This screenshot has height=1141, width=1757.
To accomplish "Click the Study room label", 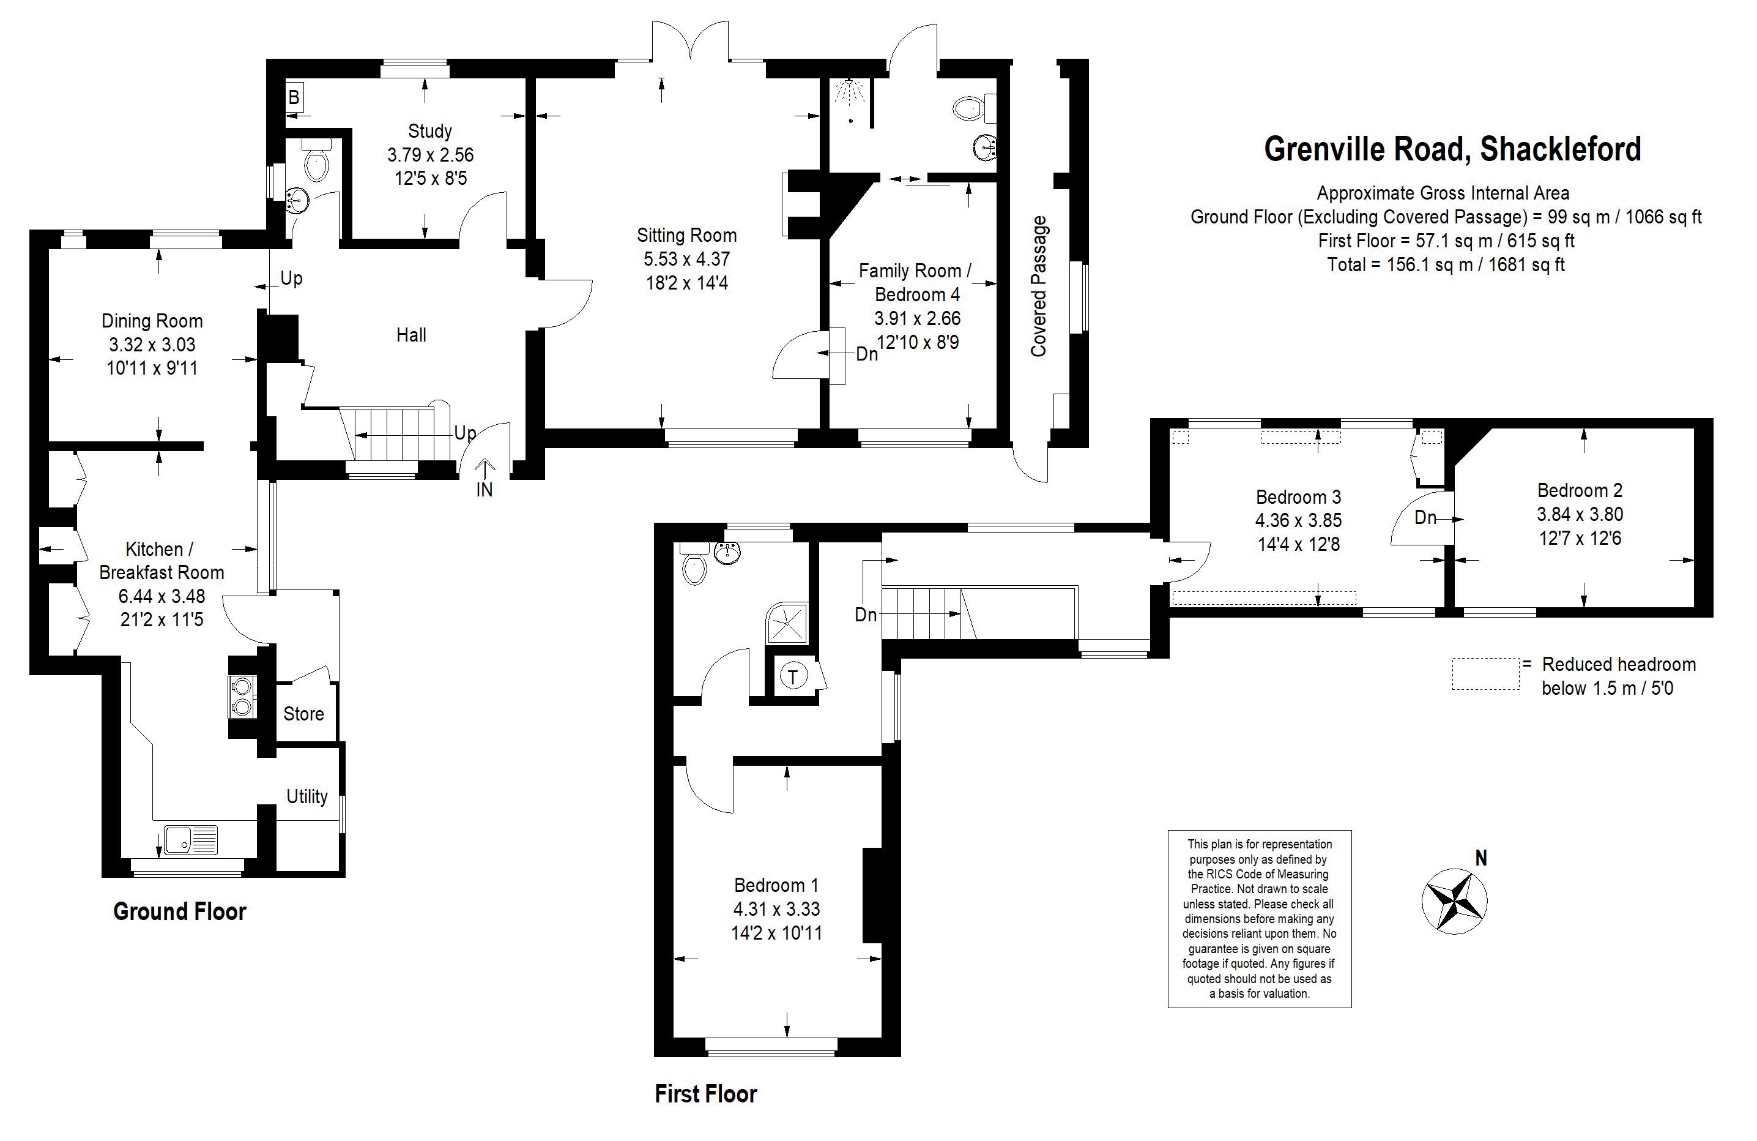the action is [429, 132].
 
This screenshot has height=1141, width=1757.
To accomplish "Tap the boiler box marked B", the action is [294, 97].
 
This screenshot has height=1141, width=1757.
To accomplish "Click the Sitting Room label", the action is [686, 236].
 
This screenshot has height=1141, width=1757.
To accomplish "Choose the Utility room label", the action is [307, 796].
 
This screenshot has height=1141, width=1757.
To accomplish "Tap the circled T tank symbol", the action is [793, 676].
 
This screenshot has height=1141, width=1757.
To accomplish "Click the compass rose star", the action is [1454, 901].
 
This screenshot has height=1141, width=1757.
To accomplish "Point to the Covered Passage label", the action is [1039, 286].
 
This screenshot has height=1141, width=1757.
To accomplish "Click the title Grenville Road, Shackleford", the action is [1453, 149].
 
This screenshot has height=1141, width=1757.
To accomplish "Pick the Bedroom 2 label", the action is [1580, 490].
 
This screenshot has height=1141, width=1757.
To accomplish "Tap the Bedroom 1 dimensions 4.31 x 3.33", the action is [776, 909].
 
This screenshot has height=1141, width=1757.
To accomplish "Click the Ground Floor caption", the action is [179, 911].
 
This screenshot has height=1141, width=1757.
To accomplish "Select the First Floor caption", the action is [706, 1094].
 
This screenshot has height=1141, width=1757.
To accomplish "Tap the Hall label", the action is [411, 335].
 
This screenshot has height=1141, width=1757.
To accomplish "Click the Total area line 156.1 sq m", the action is [1446, 264].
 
